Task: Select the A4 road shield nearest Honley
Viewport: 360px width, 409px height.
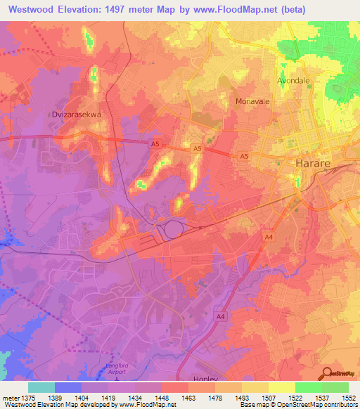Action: point(220,317)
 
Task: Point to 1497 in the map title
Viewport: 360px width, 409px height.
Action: point(141,10)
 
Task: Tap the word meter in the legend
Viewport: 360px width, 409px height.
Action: point(10,398)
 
